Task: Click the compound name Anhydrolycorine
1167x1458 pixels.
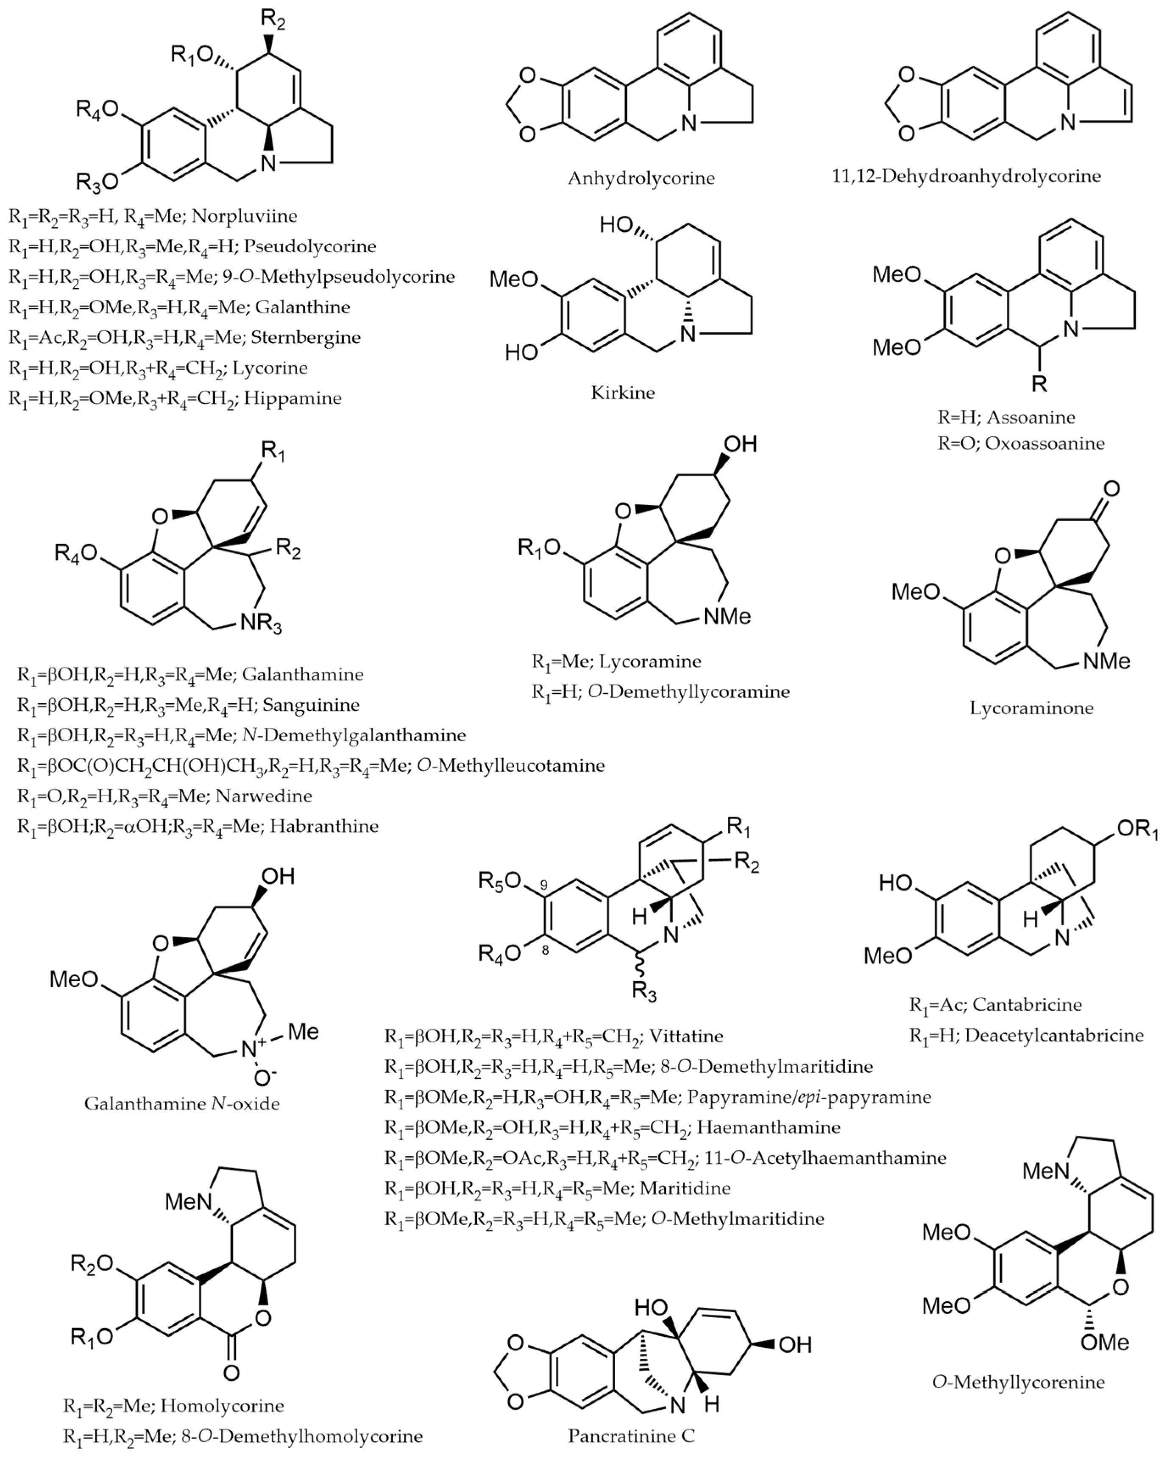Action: pos(641,179)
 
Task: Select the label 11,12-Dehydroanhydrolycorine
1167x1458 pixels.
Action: pos(966,176)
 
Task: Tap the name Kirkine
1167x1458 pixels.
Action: pos(623,393)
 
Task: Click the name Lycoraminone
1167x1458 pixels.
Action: pos(1031,708)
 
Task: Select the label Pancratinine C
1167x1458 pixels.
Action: pos(631,1436)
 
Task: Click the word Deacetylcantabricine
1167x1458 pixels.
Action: pos(1054,1035)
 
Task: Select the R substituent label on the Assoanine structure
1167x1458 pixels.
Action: pos(1039,384)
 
